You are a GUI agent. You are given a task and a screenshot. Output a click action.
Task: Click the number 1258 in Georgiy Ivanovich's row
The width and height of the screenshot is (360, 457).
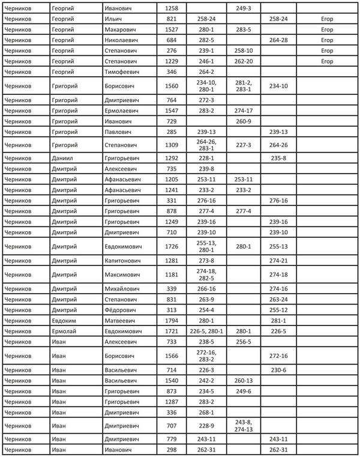pyautogui.click(x=171, y=9)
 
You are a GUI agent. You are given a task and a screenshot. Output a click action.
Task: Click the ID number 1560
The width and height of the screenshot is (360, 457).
pyautogui.click(x=171, y=86)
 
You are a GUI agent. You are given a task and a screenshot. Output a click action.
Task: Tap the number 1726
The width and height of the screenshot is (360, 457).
pyautogui.click(x=171, y=246)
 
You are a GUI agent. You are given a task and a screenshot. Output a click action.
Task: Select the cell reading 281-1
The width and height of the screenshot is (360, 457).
pyautogui.click(x=278, y=319)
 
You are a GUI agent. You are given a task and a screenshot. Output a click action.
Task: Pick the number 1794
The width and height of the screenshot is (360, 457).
pyautogui.click(x=171, y=319)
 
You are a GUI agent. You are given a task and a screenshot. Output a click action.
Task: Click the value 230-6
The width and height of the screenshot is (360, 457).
pyautogui.click(x=278, y=370)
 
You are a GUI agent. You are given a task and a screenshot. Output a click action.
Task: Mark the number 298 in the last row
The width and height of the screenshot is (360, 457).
pyautogui.click(x=171, y=449)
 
